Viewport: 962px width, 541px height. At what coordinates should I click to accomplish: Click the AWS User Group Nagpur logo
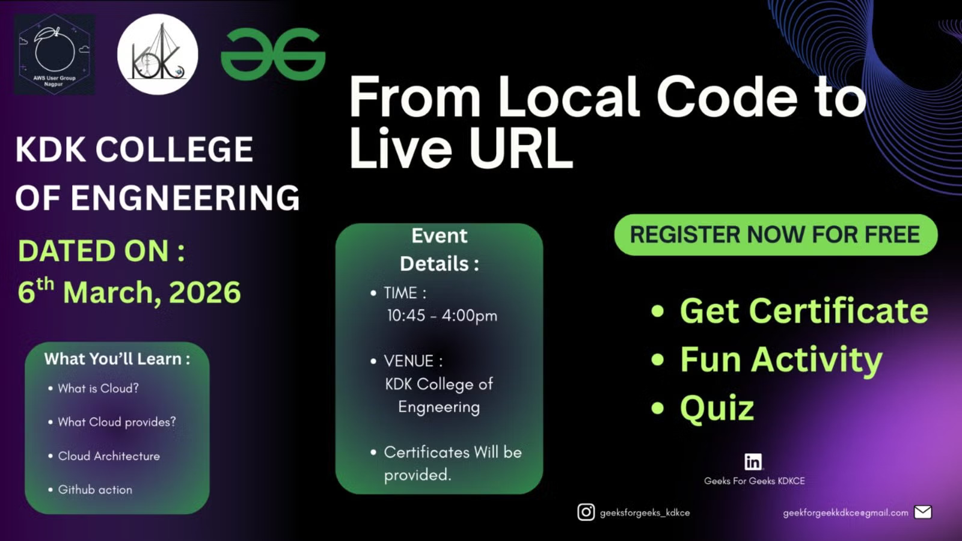(55, 55)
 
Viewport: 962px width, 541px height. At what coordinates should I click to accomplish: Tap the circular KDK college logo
(158, 55)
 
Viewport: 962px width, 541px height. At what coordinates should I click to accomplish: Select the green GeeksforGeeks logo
(273, 54)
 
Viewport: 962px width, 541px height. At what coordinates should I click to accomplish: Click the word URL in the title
(521, 148)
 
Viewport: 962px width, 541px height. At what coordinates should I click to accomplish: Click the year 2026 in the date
(205, 292)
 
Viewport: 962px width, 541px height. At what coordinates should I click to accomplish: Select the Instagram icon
(586, 512)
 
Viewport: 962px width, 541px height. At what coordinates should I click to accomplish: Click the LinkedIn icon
(753, 462)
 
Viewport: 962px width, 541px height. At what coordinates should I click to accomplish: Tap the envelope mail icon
(923, 512)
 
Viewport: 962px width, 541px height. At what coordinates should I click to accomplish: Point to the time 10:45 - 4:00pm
(442, 316)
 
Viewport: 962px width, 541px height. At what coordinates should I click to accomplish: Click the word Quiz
(717, 408)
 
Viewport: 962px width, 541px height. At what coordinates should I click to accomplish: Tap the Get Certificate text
(804, 311)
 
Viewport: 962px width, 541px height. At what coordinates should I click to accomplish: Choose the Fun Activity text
(781, 360)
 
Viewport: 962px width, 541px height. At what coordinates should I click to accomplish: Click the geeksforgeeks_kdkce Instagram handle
(645, 513)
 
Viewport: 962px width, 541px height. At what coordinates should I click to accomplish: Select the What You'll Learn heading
(117, 358)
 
